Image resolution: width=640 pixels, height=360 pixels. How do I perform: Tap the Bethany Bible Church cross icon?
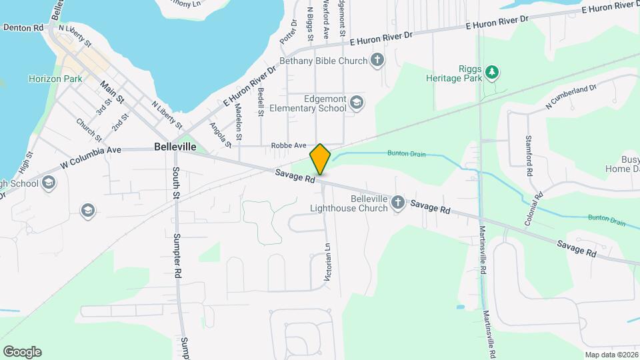click(377, 61)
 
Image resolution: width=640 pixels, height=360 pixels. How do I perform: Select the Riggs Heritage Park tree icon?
click(492, 71)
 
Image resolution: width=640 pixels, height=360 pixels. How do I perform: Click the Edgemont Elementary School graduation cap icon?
click(357, 102)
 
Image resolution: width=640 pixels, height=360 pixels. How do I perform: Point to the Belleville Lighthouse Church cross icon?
click(398, 202)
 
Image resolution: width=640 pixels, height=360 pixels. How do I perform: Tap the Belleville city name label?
click(175, 146)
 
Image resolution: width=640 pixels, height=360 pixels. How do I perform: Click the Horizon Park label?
click(55, 79)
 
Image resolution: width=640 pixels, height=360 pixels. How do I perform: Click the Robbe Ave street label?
click(288, 145)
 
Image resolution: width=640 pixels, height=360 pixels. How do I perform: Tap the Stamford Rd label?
click(529, 158)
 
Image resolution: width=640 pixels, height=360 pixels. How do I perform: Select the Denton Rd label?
click(23, 27)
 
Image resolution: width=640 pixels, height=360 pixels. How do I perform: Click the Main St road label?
click(112, 91)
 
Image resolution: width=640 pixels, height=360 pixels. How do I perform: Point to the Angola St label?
click(220, 134)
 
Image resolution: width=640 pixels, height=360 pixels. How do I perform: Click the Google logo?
click(22, 352)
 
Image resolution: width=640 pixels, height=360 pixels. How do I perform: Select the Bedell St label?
click(261, 103)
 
